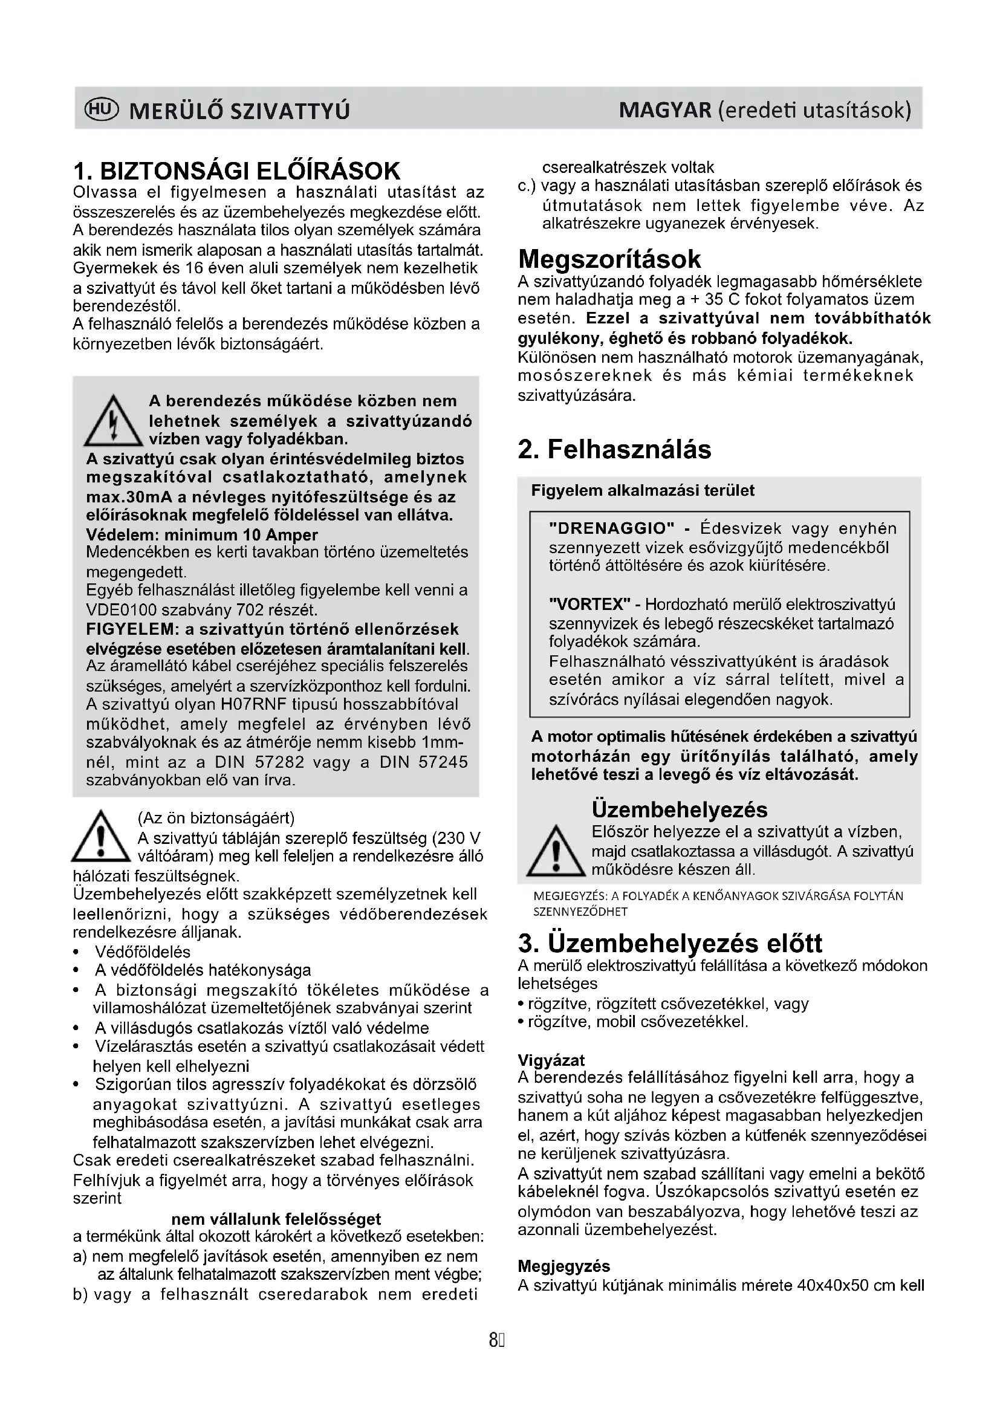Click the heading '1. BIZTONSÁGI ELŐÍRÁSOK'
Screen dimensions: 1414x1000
coord(236,170)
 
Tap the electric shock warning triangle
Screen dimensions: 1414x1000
coord(112,422)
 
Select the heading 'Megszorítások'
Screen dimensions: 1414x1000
coord(609,259)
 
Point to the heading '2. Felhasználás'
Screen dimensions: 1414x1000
coord(614,449)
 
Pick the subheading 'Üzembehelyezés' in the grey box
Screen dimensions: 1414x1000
coord(679,809)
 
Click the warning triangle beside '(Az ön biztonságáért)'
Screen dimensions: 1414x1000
coord(102,837)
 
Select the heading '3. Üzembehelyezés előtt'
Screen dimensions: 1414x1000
coord(670,943)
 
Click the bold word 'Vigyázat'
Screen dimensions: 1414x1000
coord(551,1060)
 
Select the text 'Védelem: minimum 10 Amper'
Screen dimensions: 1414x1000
coord(202,534)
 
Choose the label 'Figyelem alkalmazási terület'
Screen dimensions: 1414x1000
coord(642,490)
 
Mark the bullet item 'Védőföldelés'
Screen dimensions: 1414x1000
coord(142,952)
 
